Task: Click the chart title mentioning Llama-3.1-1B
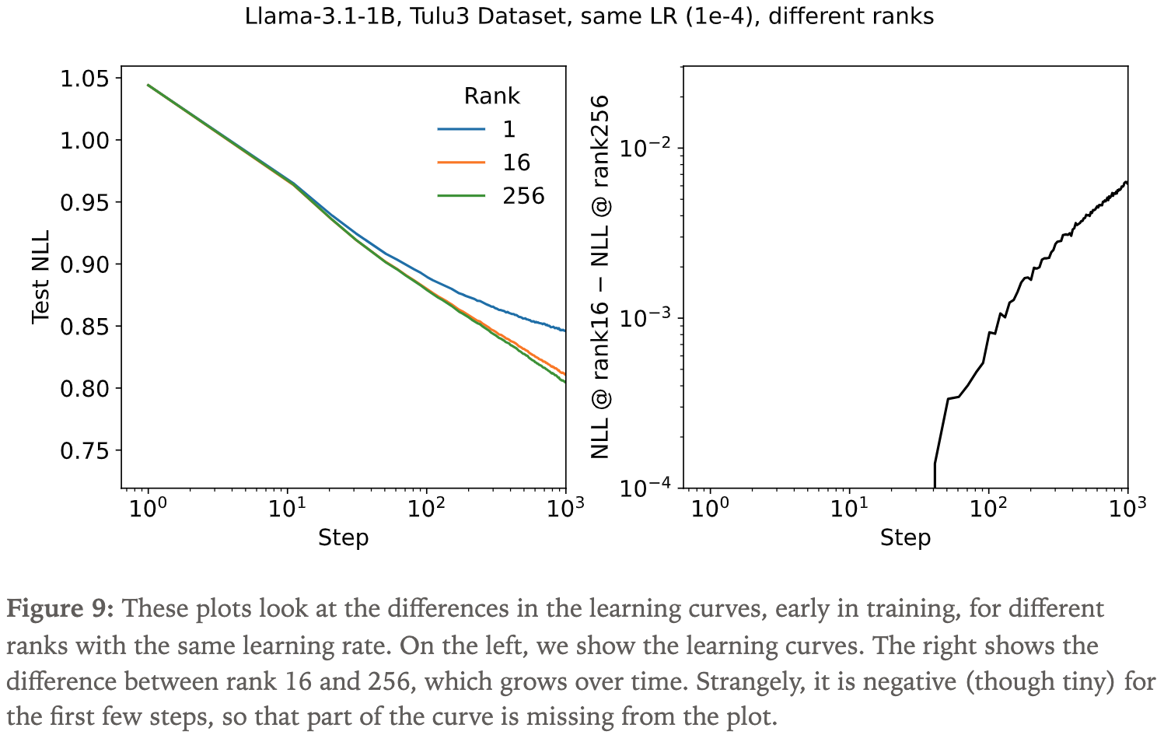tap(589, 16)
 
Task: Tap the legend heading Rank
tap(491, 96)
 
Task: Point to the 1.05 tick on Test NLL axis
tap(86, 79)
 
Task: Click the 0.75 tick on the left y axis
tap(86, 451)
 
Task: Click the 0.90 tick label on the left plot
tap(86, 264)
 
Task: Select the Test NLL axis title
tap(40, 277)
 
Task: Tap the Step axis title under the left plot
tap(343, 537)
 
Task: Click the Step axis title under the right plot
tap(905, 537)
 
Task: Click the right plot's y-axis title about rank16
tap(600, 277)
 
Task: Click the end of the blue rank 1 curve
tap(565, 331)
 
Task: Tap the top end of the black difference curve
tap(1126, 182)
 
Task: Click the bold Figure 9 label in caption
tap(61, 608)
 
